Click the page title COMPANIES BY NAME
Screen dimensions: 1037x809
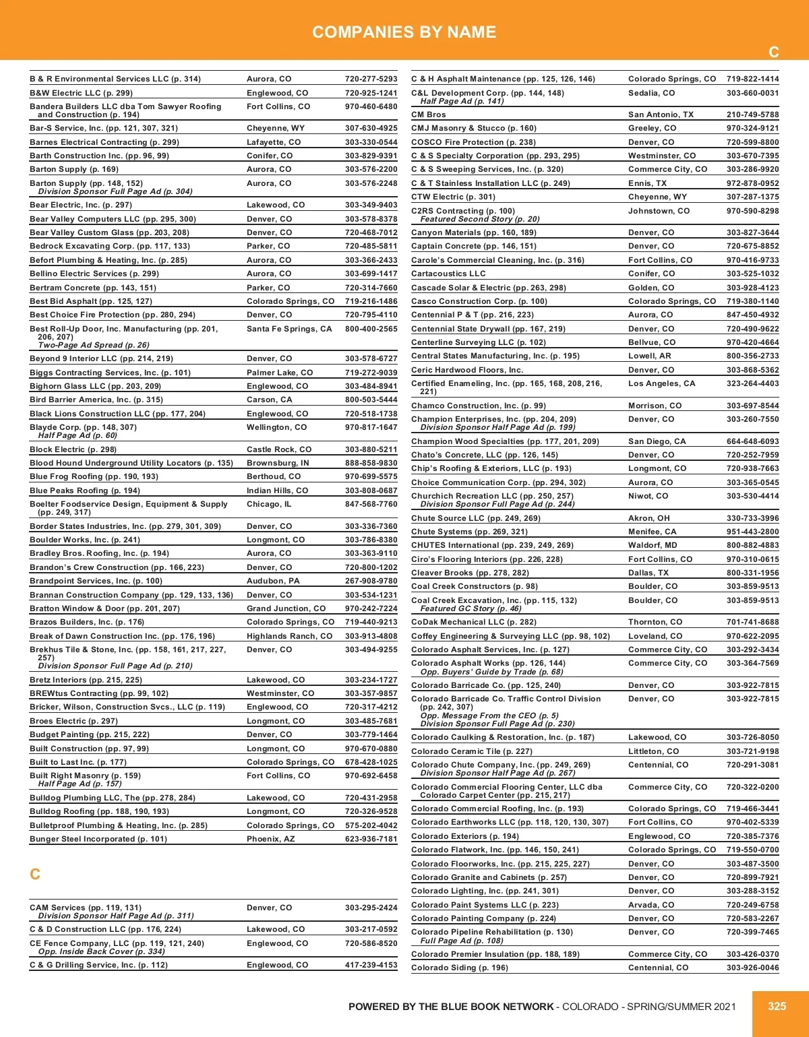404,32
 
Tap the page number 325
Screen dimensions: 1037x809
777,1006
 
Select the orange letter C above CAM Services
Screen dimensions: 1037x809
35,874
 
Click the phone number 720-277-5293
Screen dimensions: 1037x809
371,79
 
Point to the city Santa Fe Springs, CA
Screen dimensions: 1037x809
289,329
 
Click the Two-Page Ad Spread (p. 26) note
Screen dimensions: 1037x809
94,345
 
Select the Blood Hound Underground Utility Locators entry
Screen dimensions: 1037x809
131,463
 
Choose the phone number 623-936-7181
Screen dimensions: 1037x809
371,839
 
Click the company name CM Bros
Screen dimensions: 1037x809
429,115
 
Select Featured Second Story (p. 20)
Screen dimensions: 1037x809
479,219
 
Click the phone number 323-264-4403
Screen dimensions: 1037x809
752,383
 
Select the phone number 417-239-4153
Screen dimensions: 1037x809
371,965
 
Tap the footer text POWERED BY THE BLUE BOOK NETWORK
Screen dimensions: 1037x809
451,1007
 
